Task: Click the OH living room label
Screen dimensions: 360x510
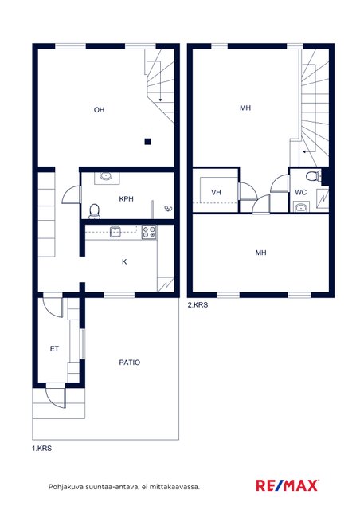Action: coord(100,110)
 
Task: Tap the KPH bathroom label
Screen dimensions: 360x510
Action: coord(126,198)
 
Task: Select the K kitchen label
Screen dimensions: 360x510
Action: coord(124,262)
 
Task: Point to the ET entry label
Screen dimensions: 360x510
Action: coord(54,349)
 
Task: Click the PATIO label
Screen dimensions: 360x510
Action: coord(130,363)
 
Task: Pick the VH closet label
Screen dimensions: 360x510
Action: coord(217,193)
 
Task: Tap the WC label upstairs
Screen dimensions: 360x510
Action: coord(300,193)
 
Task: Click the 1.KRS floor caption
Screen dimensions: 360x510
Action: coord(41,448)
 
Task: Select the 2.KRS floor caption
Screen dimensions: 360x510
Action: coord(198,305)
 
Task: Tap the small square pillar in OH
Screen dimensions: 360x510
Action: coord(147,142)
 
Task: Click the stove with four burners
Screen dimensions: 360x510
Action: coord(149,232)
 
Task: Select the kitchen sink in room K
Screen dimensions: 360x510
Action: coord(115,232)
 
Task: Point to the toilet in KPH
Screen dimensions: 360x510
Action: coord(94,211)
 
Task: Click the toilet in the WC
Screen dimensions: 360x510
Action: coord(313,176)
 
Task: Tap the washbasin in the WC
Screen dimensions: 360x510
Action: coord(302,207)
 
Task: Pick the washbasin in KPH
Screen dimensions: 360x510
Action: coord(106,176)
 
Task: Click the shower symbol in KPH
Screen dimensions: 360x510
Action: coord(168,209)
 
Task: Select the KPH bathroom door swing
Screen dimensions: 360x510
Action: coord(70,195)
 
